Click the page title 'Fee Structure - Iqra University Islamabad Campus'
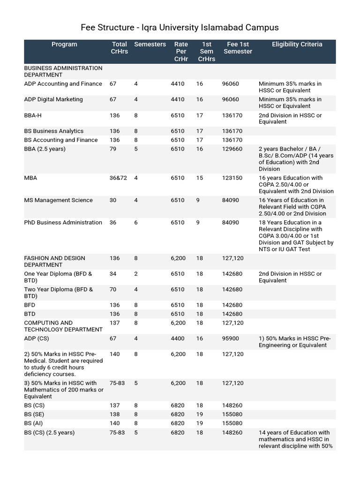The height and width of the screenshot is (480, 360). (x=180, y=27)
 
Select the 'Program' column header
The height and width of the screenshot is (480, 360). (x=64, y=45)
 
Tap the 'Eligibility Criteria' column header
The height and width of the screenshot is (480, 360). (x=297, y=45)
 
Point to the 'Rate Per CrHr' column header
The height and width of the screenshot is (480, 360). (x=180, y=52)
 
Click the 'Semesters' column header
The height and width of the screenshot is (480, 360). (x=150, y=45)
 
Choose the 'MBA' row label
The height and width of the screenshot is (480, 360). (x=30, y=178)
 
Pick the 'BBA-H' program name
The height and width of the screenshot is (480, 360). (x=33, y=115)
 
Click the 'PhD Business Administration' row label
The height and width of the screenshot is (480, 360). (x=63, y=223)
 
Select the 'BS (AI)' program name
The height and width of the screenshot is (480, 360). (x=34, y=423)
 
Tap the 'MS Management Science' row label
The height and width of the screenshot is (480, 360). (x=58, y=200)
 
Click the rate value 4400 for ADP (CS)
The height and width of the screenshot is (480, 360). (x=178, y=338)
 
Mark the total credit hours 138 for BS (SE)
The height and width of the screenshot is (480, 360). (x=114, y=414)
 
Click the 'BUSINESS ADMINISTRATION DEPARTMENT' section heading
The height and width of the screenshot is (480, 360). (x=63, y=71)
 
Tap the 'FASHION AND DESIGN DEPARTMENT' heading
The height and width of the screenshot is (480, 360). (x=54, y=262)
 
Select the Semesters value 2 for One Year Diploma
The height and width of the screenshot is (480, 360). (x=136, y=274)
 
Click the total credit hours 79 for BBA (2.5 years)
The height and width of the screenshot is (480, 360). (x=113, y=149)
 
